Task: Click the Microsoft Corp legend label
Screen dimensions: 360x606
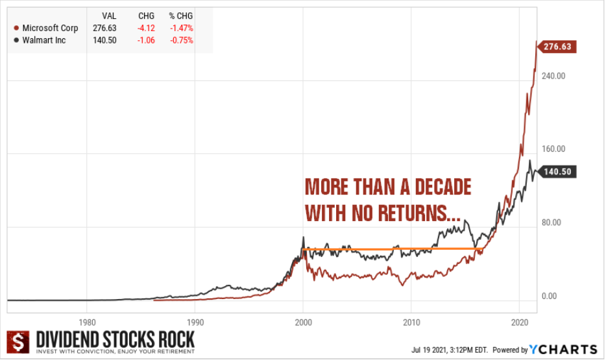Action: [x=50, y=28]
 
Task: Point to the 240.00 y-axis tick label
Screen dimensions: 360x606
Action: [x=553, y=75]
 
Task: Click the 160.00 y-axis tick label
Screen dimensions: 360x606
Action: [x=553, y=149]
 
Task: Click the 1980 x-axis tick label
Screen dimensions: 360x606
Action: [x=87, y=322]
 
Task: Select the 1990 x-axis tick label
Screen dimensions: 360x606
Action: [x=195, y=322]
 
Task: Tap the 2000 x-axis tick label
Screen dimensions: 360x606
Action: [x=303, y=322]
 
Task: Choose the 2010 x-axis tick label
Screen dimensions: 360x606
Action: [x=411, y=322]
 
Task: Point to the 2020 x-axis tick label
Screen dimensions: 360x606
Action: [x=519, y=322]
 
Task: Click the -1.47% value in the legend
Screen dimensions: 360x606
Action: [x=182, y=28]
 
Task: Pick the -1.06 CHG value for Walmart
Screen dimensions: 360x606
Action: [x=146, y=40]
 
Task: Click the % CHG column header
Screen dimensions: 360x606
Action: [x=182, y=16]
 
